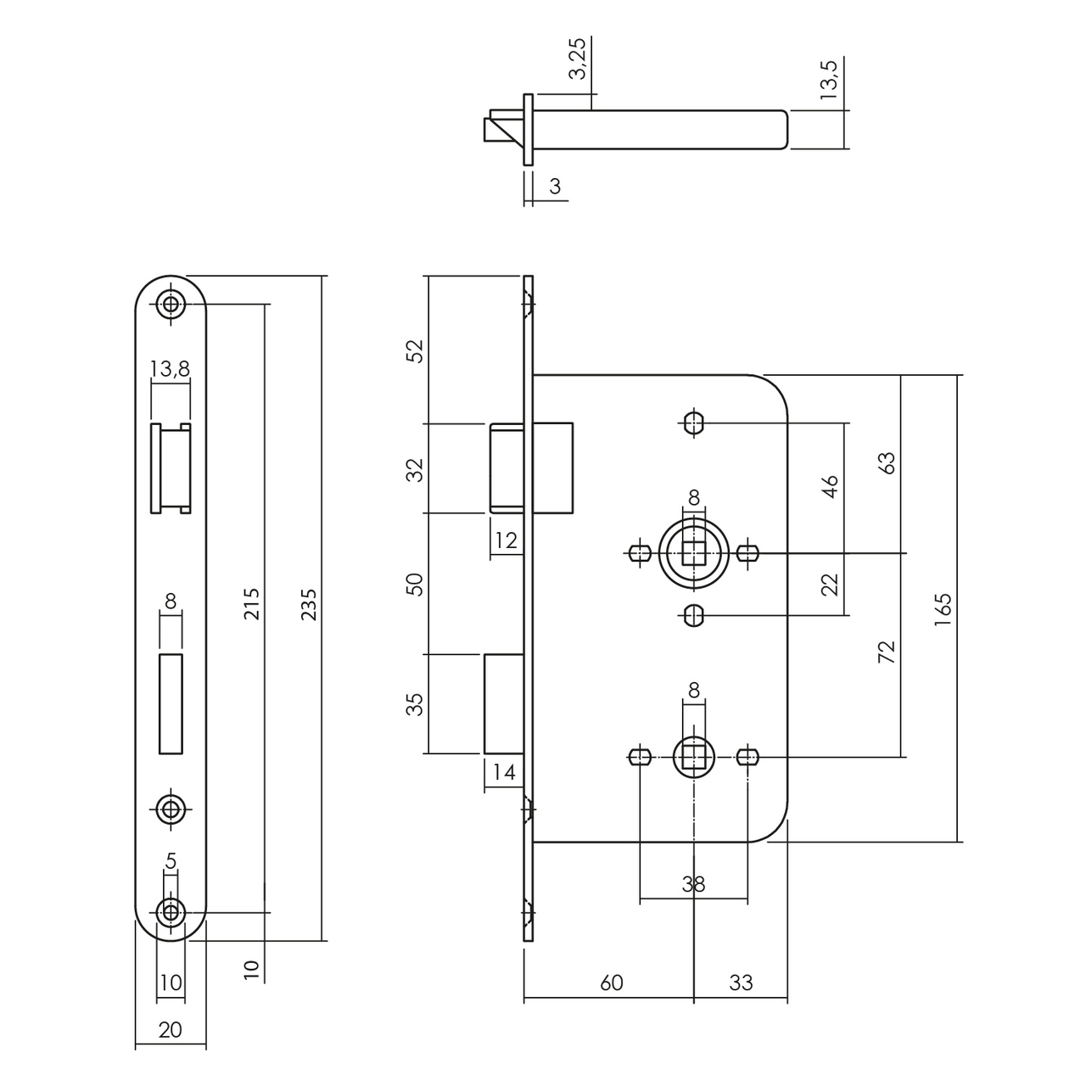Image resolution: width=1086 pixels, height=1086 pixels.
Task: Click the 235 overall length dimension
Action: [309, 604]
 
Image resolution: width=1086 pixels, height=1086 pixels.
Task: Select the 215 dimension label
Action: [252, 604]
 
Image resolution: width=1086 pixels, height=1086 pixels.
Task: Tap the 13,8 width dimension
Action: [170, 368]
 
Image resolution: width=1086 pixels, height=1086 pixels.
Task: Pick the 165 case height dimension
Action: [943, 609]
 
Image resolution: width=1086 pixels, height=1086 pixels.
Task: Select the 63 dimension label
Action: [887, 462]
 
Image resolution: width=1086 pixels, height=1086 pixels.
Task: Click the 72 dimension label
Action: [887, 652]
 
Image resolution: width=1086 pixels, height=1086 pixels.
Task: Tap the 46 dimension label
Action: [830, 486]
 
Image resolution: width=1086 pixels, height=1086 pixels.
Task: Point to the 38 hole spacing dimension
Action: [693, 884]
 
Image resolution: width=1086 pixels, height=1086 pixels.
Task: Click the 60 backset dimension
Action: [611, 982]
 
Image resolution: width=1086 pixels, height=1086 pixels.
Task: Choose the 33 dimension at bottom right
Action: [741, 982]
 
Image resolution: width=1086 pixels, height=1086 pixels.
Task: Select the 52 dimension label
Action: [415, 350]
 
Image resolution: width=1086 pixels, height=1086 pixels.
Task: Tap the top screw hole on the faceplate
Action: [171, 304]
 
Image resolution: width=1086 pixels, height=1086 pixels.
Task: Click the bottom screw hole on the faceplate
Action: [171, 912]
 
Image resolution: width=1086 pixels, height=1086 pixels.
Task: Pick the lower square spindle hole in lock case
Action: [694, 754]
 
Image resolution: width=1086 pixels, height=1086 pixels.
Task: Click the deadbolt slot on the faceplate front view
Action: [171, 703]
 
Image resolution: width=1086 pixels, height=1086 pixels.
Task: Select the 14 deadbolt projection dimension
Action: [504, 773]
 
